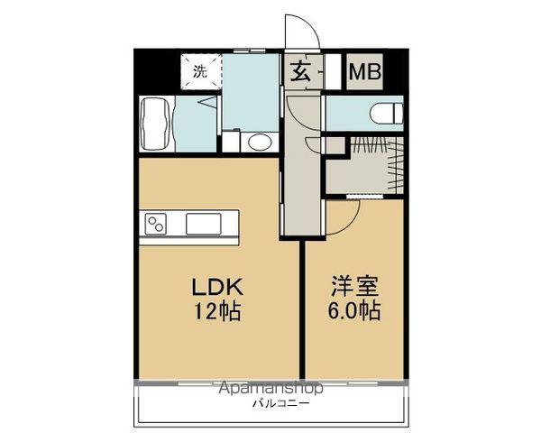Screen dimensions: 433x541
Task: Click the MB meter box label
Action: click(x=364, y=72)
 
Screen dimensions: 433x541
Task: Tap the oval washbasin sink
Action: click(x=260, y=142)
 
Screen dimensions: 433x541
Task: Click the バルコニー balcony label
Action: click(x=280, y=403)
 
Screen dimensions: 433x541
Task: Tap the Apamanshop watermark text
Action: click(x=270, y=389)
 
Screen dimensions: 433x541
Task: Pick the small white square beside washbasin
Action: click(x=232, y=142)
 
